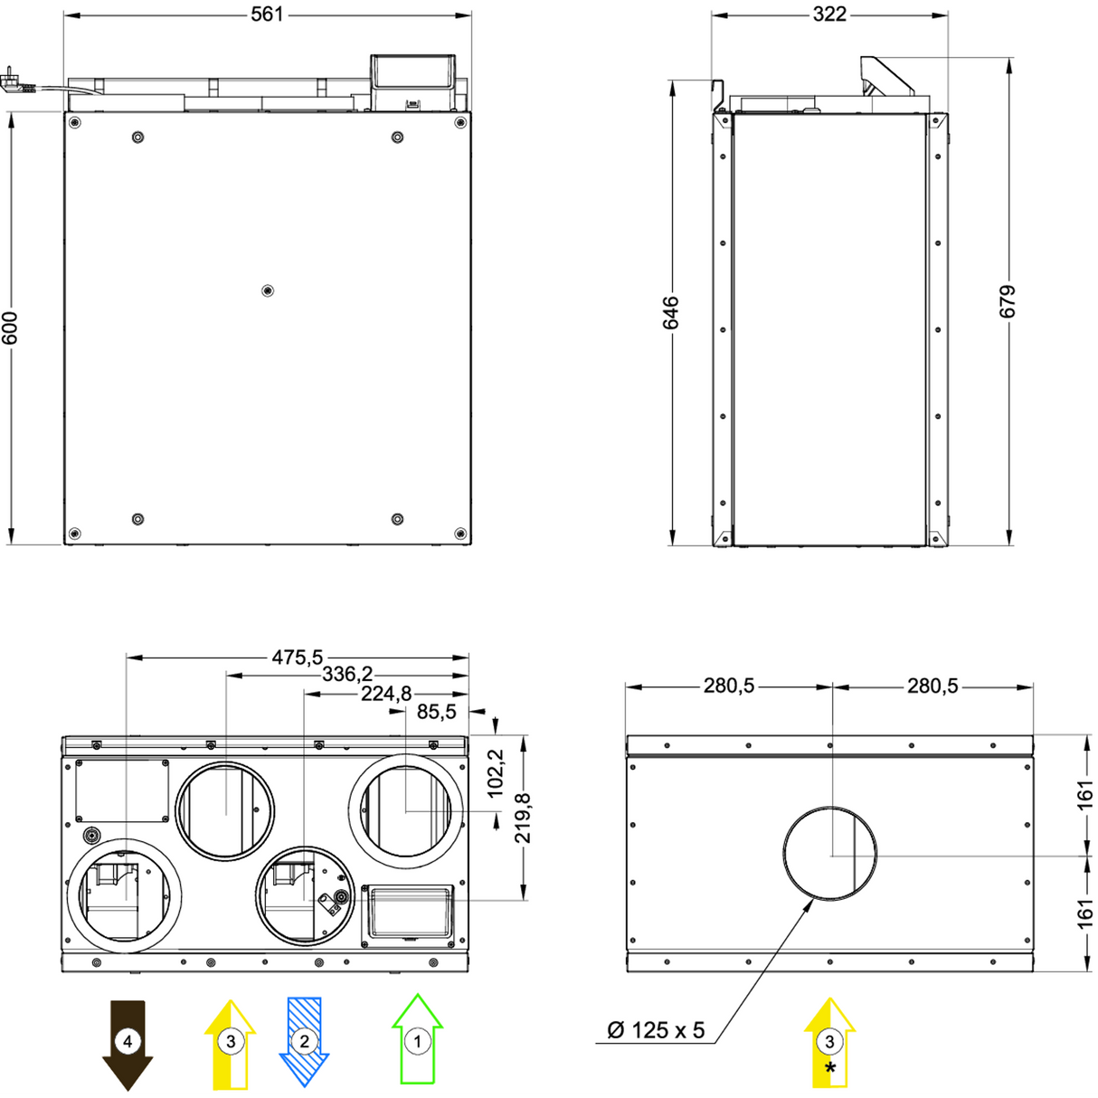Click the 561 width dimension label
pyautogui.click(x=267, y=14)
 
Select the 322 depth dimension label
pyautogui.click(x=829, y=14)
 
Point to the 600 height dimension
pyautogui.click(x=10, y=327)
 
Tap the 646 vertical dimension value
pyautogui.click(x=670, y=312)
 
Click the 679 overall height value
pyautogui.click(x=1008, y=301)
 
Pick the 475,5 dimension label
pyautogui.click(x=298, y=658)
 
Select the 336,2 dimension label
pyautogui.click(x=347, y=675)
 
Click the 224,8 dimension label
pyautogui.click(x=386, y=694)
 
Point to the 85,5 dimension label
pyautogui.click(x=437, y=712)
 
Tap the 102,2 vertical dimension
pyautogui.click(x=497, y=773)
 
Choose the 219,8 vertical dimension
pyautogui.click(x=524, y=818)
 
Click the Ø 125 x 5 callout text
pyautogui.click(x=656, y=1030)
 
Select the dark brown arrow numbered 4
pyautogui.click(x=128, y=1044)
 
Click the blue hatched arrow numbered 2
pyautogui.click(x=304, y=1041)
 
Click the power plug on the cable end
pyautogui.click(x=14, y=80)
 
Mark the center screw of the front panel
pyautogui.click(x=267, y=290)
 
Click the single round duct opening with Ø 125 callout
pyautogui.click(x=829, y=853)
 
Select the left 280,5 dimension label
pyautogui.click(x=729, y=686)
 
